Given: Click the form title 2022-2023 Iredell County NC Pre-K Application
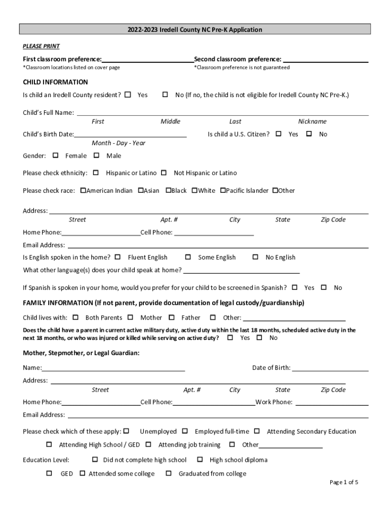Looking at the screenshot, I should click(x=195, y=30).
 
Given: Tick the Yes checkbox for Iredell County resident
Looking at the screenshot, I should click(x=128, y=95).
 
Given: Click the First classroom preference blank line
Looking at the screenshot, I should click(x=147, y=59).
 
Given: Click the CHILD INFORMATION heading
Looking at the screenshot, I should click(x=55, y=82).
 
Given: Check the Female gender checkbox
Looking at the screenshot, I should click(x=56, y=155).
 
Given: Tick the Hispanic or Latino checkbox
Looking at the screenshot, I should click(x=96, y=172).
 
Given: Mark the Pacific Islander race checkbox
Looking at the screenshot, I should click(x=222, y=190).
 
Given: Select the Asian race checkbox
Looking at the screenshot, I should click(x=141, y=190).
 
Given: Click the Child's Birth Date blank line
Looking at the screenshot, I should click(x=130, y=135).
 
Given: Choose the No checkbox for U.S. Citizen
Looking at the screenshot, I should click(x=309, y=134).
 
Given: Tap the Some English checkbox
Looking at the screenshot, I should click(x=188, y=257).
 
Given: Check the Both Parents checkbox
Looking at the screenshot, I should click(x=75, y=317).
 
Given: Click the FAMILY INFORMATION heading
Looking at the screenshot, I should click(x=164, y=303).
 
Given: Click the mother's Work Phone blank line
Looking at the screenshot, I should click(x=332, y=403).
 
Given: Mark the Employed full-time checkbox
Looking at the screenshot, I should click(x=185, y=431).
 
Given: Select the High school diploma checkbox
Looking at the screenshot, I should click(x=200, y=459).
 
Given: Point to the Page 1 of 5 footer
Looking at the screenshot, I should click(x=344, y=482).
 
